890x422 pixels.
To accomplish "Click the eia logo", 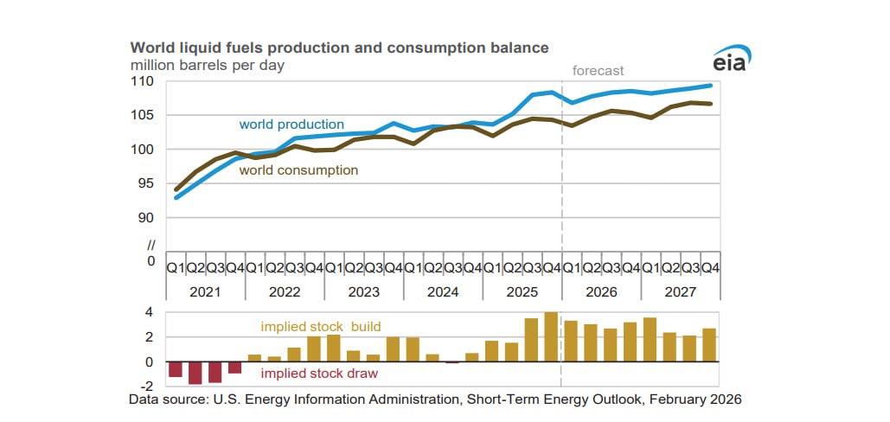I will click(733, 61).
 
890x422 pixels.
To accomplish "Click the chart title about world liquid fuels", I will click(339, 47).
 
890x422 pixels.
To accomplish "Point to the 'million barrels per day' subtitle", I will click(208, 64).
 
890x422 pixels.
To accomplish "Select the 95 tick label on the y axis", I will click(146, 183).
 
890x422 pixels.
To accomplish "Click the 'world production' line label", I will click(291, 125).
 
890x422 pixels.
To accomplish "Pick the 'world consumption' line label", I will click(298, 170).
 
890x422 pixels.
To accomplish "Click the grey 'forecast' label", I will click(599, 71).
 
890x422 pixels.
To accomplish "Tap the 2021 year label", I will click(205, 292).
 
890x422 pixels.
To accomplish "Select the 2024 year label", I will click(443, 292).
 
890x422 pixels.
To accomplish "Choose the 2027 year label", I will click(681, 292).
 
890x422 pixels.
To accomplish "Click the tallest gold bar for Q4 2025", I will click(551, 337).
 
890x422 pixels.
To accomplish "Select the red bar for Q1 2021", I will click(176, 369).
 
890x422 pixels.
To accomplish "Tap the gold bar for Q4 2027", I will click(709, 345).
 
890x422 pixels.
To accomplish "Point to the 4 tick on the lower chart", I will click(149, 312).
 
